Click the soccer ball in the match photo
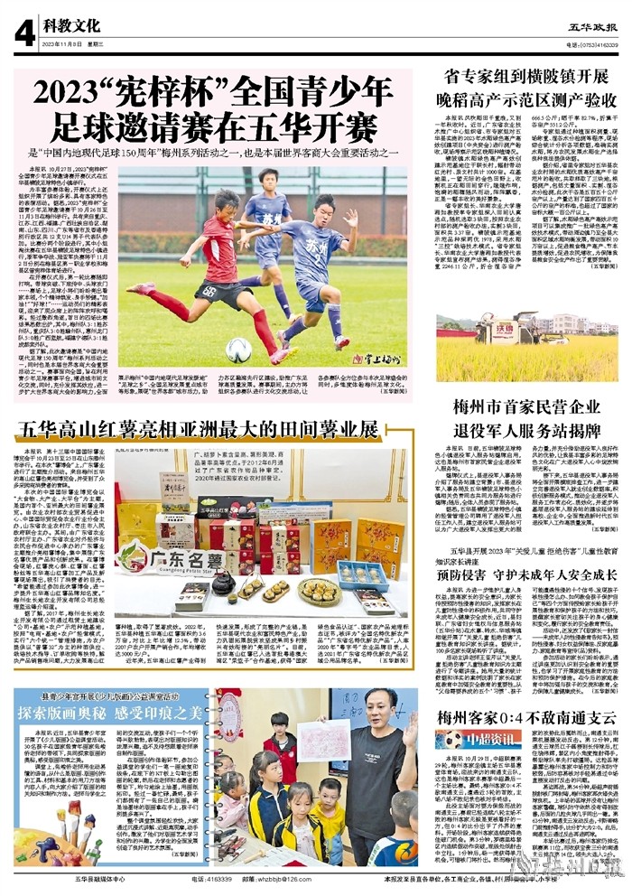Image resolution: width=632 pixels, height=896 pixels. pos(239,350)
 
